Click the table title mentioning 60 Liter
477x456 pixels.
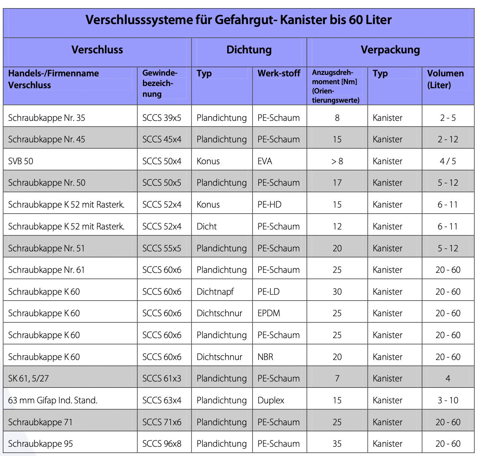tap(238, 20)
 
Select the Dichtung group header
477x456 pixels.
tap(249, 50)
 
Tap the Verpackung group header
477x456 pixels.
tap(390, 50)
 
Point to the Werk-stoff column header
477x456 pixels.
tap(279, 73)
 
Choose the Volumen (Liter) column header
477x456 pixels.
tap(446, 79)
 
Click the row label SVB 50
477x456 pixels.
tap(21, 161)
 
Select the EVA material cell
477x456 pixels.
tap(265, 161)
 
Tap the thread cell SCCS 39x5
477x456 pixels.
tap(162, 118)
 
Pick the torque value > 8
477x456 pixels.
tap(337, 161)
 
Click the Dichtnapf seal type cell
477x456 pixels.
tap(215, 292)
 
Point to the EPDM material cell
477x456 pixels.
tap(269, 313)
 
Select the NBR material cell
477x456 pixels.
tap(265, 357)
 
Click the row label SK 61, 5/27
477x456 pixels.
tap(29, 379)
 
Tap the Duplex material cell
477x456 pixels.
tap(271, 400)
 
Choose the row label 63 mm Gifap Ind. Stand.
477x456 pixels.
tap(53, 400)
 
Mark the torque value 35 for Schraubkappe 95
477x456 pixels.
tap(337, 444)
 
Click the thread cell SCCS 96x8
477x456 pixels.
tap(162, 444)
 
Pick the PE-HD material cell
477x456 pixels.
tap(270, 205)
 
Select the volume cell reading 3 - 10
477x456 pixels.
tap(448, 400)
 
